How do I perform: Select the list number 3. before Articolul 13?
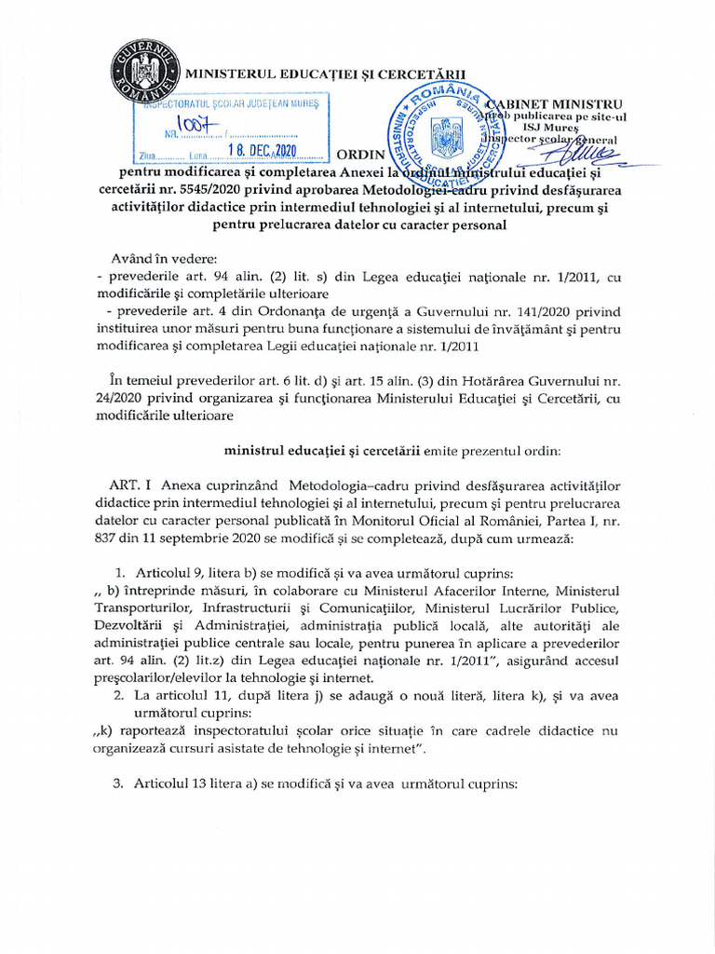[x=118, y=784]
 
